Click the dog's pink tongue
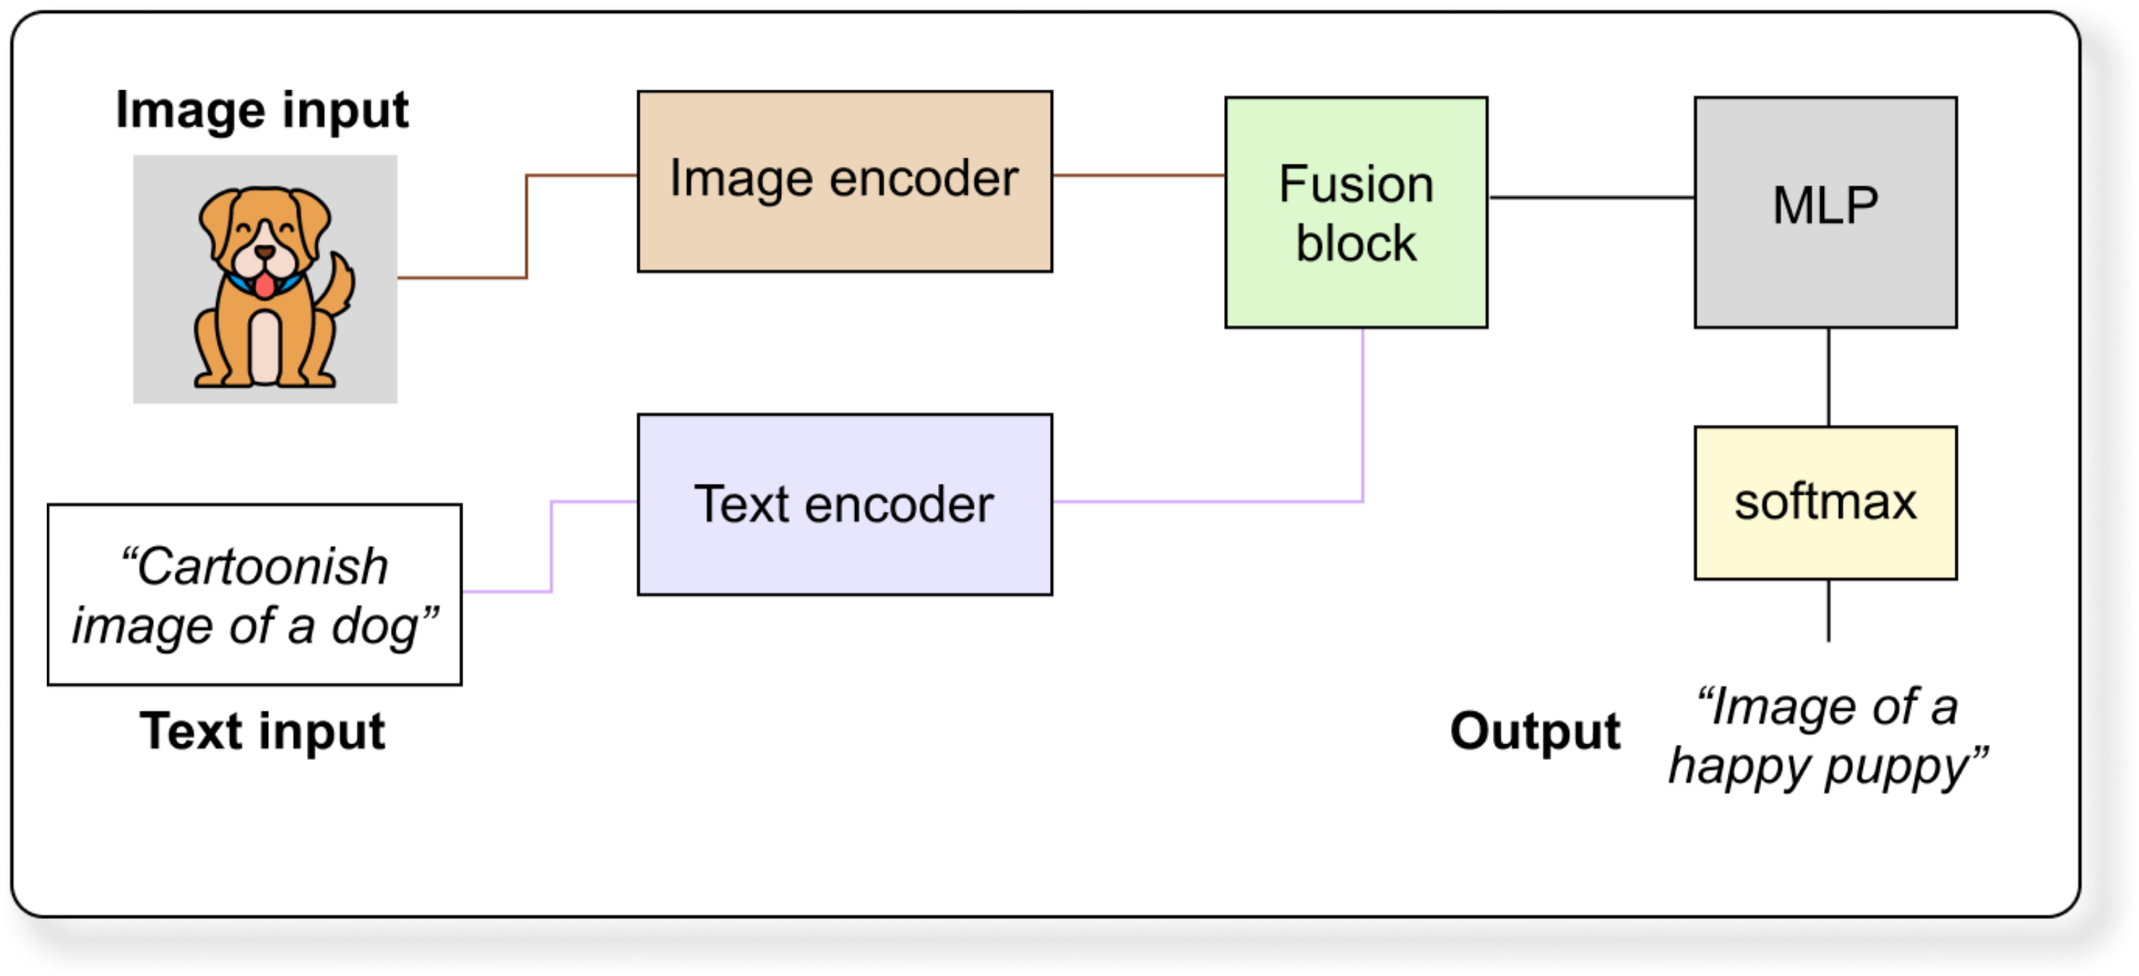[264, 285]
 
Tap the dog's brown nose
[264, 251]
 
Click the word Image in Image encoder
[740, 179]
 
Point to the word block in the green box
[1356, 244]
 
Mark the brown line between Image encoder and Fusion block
[1137, 176]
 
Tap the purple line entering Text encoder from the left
[551, 548]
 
